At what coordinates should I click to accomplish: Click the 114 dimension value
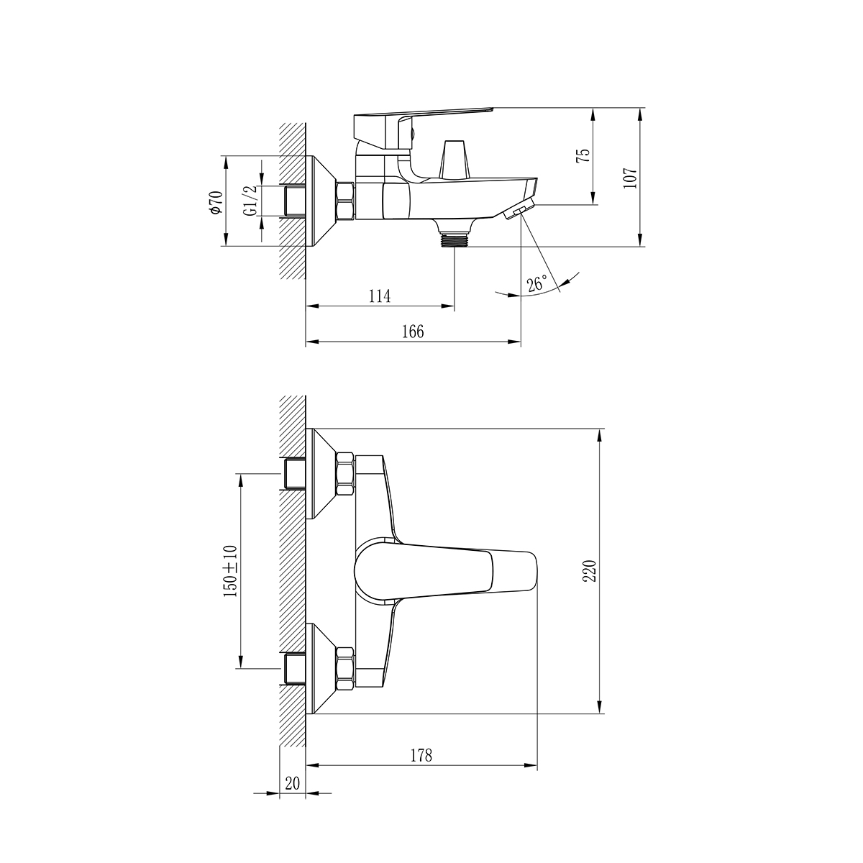379,296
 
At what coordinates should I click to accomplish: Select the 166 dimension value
413,332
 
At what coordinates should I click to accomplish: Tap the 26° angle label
536,283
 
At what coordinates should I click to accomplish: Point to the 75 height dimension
583,156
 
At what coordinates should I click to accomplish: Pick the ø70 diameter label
214,202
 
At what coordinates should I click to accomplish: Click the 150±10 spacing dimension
230,570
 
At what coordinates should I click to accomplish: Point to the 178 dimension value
421,755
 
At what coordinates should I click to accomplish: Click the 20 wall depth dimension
292,783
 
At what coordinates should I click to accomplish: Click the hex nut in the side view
344,201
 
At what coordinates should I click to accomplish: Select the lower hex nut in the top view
344,667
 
